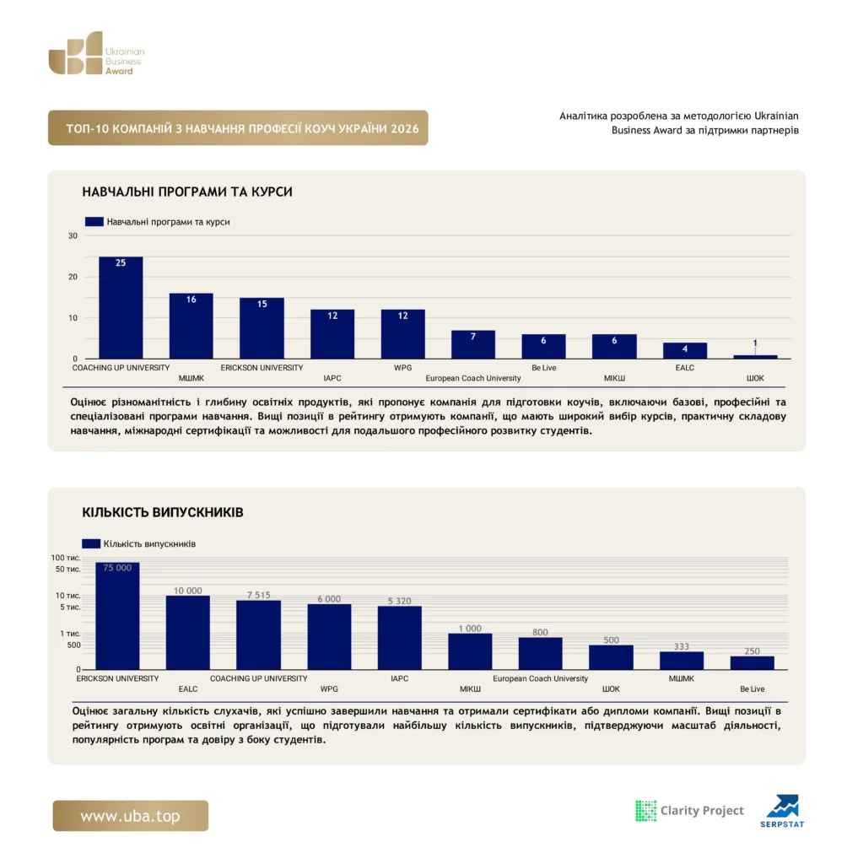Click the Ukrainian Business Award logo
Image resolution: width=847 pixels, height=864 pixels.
coord(96,53)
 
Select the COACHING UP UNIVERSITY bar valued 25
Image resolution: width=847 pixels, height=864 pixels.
coord(121,307)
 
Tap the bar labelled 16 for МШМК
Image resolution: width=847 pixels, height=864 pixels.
coord(192,326)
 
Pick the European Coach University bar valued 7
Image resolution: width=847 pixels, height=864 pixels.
coord(472,344)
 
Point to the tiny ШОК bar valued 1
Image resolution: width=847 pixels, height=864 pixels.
coord(755,357)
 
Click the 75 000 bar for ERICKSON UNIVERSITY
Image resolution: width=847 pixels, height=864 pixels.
coord(117,616)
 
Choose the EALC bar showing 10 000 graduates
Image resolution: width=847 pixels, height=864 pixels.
coord(188,633)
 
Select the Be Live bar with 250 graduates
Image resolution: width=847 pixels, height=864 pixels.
coord(753,663)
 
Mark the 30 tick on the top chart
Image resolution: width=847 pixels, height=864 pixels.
coord(73,236)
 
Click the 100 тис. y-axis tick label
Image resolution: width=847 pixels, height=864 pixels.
coord(66,558)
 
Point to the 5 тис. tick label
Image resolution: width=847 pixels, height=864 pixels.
coord(70,607)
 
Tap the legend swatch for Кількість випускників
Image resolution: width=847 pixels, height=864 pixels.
coord(91,544)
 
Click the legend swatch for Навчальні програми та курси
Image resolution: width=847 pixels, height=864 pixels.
coord(94,222)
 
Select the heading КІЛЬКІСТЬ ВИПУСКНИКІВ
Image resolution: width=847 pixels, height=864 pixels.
coord(163,512)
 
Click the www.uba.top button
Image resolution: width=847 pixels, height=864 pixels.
coord(131,816)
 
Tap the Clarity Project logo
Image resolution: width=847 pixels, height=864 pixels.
coord(689,811)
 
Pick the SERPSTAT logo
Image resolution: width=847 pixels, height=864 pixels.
coord(782,811)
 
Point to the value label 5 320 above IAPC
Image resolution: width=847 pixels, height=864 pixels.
coord(400,601)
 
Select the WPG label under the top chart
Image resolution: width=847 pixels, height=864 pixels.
coord(403,368)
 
